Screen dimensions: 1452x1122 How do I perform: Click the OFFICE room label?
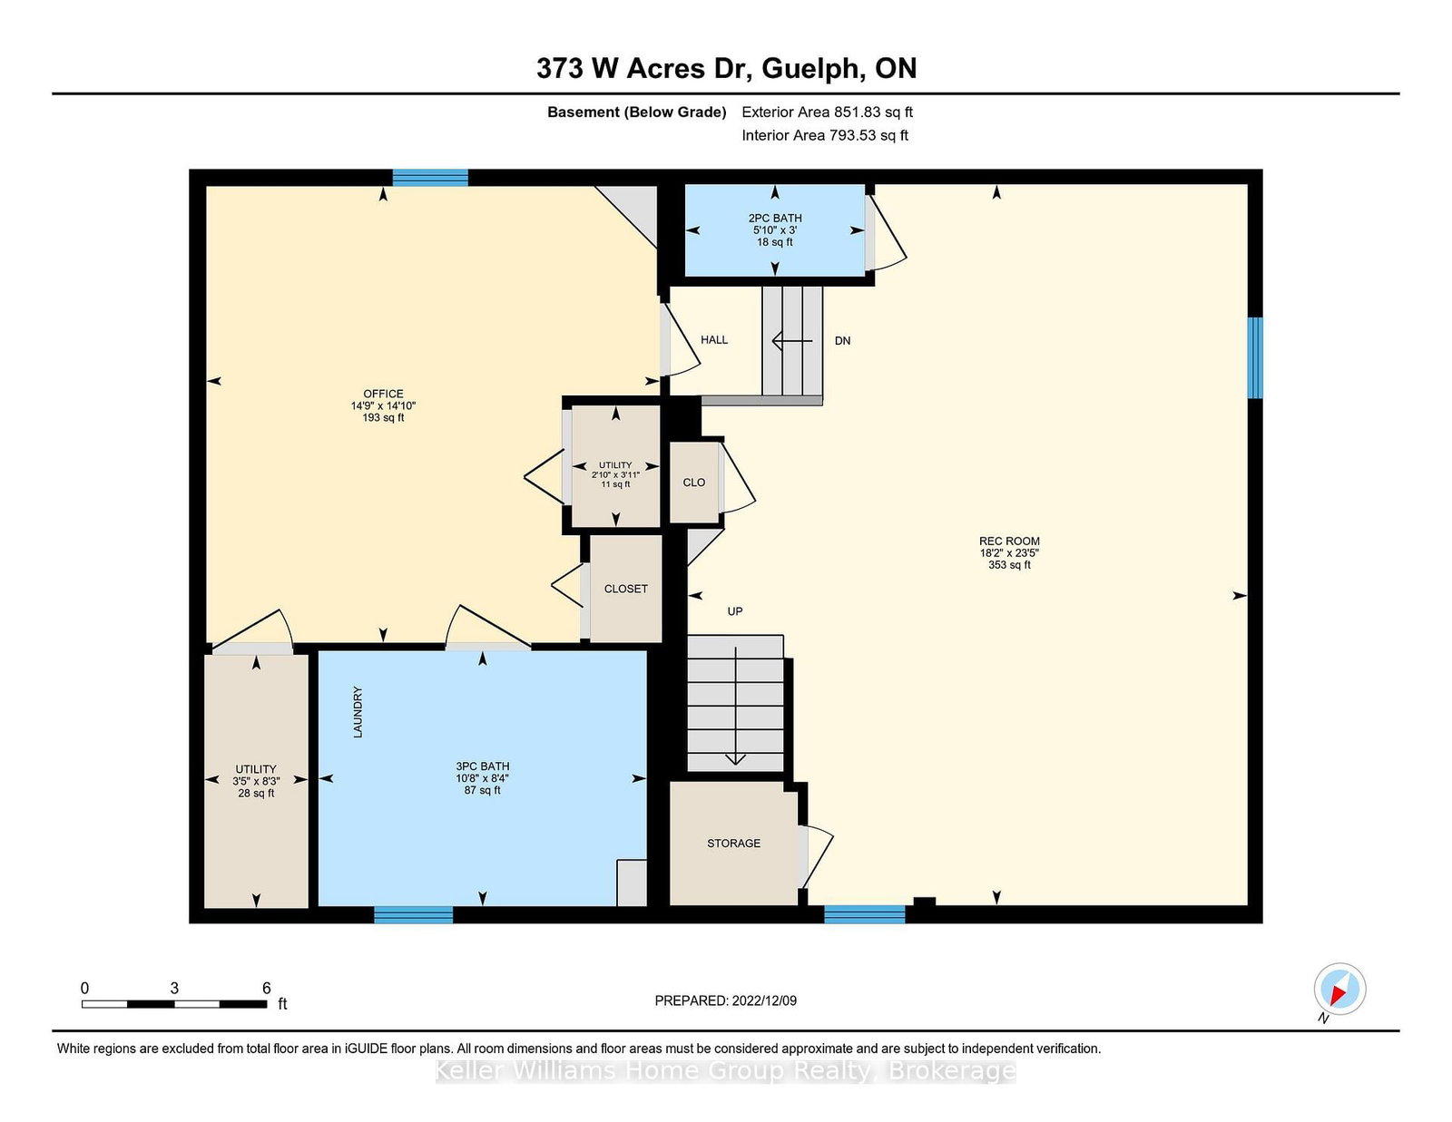[x=383, y=394]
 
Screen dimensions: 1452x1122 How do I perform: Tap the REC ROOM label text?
[x=1009, y=541]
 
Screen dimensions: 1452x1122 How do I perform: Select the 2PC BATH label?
[x=774, y=218]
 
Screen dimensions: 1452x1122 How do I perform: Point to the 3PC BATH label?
[x=483, y=766]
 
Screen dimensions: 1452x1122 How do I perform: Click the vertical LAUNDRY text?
[x=358, y=712]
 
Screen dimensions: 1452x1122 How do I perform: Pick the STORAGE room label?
[x=733, y=843]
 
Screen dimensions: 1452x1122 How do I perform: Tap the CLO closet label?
[x=693, y=483]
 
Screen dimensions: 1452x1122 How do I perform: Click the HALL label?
[x=713, y=339]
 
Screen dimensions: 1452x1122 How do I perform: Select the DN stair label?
[x=842, y=341]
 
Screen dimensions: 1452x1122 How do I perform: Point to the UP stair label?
[x=734, y=611]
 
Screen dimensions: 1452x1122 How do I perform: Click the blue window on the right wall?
[x=1255, y=358]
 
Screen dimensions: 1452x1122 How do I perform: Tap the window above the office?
[x=429, y=178]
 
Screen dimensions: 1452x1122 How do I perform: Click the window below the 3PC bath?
[x=413, y=914]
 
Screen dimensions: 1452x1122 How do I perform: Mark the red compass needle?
[x=1339, y=994]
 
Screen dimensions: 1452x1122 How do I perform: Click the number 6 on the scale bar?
[x=266, y=988]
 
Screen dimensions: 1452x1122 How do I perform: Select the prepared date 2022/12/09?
[x=764, y=1000]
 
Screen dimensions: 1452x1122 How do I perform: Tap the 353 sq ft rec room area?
[x=1009, y=565]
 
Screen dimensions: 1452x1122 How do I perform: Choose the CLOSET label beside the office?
[x=625, y=589]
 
